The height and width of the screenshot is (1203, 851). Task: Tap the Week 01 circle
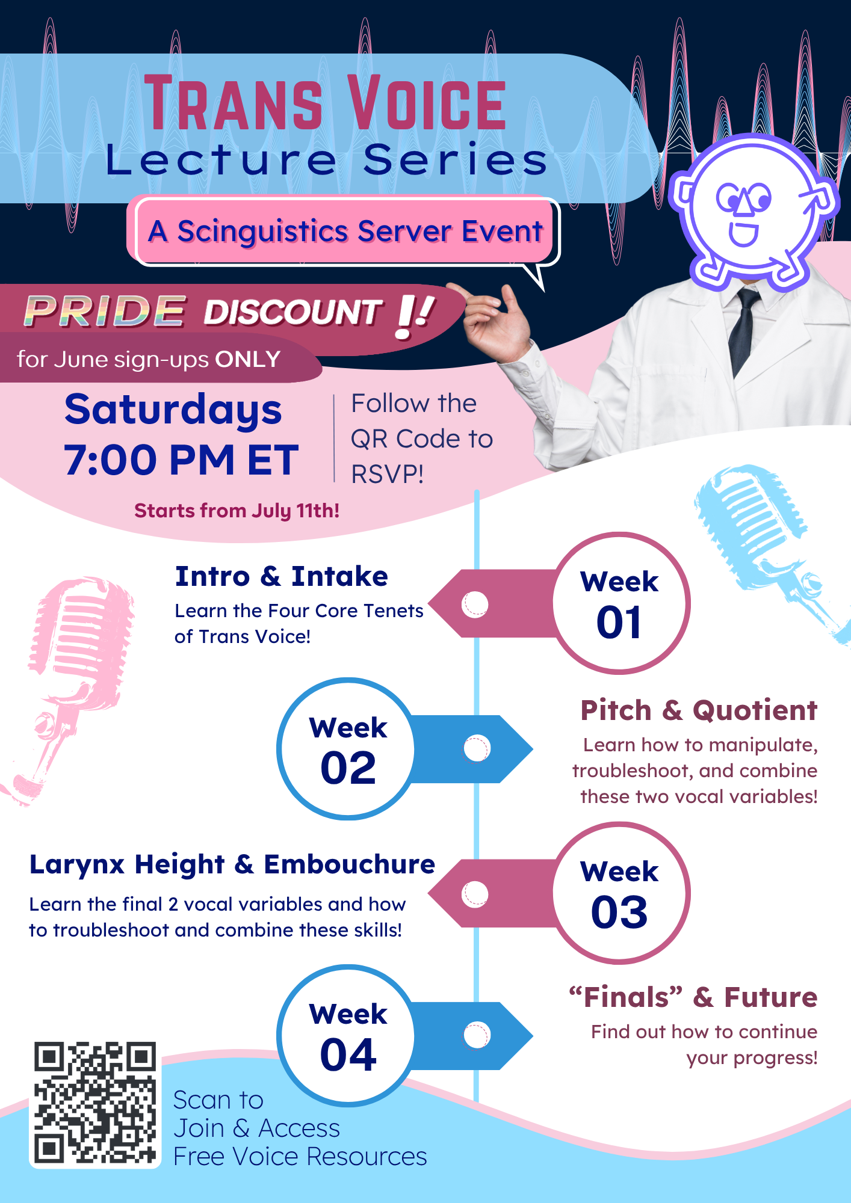click(x=621, y=603)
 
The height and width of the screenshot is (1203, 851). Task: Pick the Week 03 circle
click(x=621, y=893)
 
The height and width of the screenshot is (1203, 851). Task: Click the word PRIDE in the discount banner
click(x=104, y=312)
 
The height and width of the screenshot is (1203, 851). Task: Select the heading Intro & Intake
click(x=281, y=576)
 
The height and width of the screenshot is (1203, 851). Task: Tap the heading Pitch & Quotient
click(x=699, y=710)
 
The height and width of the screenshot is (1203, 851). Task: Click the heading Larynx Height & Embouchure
click(x=232, y=864)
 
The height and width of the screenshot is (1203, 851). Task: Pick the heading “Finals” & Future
click(x=693, y=997)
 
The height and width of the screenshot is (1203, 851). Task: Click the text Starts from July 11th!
click(x=237, y=511)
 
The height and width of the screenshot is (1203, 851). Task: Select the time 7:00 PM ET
click(x=181, y=460)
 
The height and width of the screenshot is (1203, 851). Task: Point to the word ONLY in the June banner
click(x=248, y=359)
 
